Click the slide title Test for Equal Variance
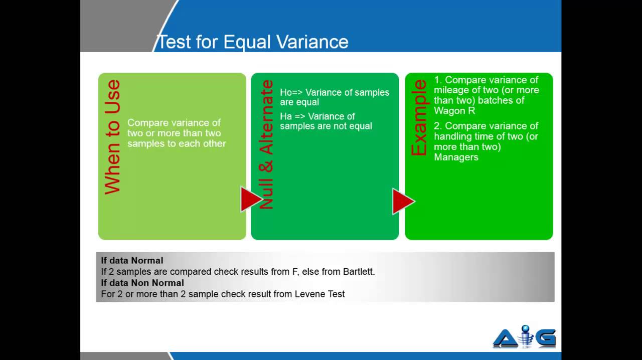pyautogui.click(x=252, y=42)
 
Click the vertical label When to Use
pyautogui.click(x=112, y=137)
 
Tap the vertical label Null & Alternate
pyautogui.click(x=267, y=144)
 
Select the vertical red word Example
pyautogui.click(x=419, y=118)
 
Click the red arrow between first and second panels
pyautogui.click(x=251, y=200)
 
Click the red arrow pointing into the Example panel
pyautogui.click(x=403, y=202)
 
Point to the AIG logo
pyautogui.click(x=524, y=336)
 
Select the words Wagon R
pyautogui.click(x=454, y=111)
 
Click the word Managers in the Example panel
pyautogui.click(x=456, y=157)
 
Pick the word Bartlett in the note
pyautogui.click(x=358, y=272)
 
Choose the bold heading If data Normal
pyautogui.click(x=132, y=260)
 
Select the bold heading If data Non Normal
pyautogui.click(x=142, y=283)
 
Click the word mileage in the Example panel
pyautogui.click(x=452, y=90)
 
